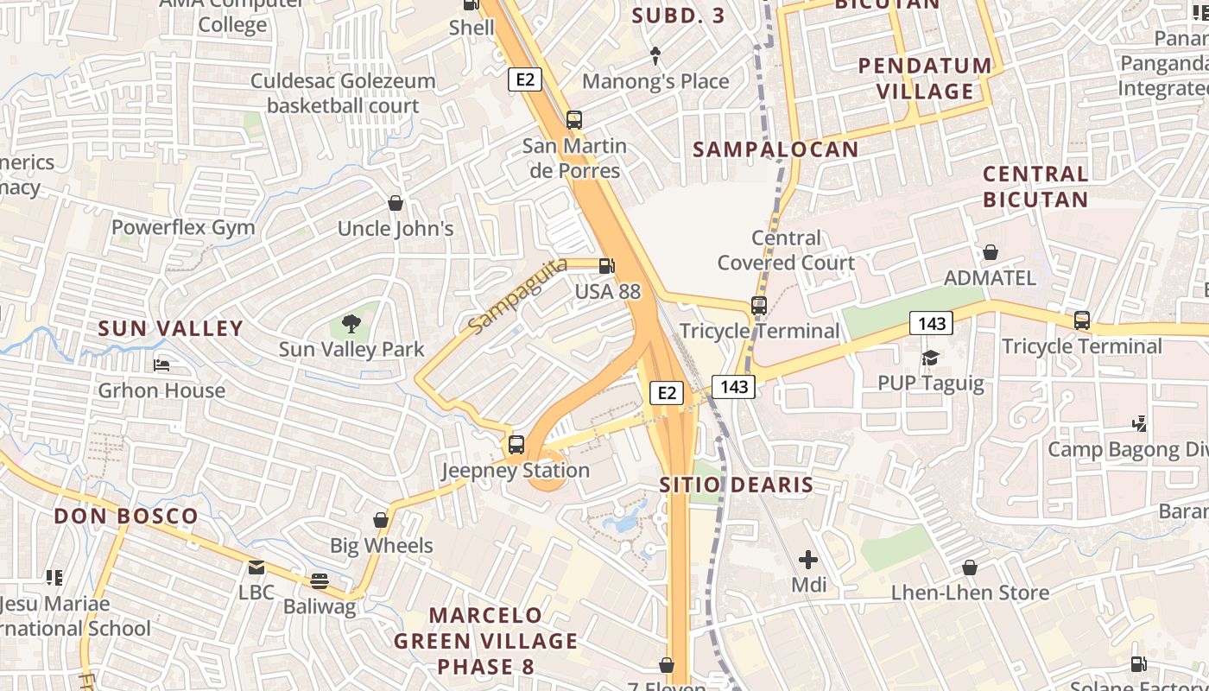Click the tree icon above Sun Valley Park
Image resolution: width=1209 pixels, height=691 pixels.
pos(351,324)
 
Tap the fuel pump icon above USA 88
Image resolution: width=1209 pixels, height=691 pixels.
pos(608,266)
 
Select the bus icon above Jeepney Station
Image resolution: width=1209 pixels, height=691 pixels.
pos(516,445)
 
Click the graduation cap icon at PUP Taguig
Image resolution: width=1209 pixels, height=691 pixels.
pos(930,358)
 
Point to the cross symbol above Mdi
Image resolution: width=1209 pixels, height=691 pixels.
pos(808,560)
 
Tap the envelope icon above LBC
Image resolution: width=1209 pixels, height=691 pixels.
pos(256,567)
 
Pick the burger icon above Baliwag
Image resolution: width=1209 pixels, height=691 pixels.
pos(320,581)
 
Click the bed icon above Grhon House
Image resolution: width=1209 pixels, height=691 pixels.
pos(161,365)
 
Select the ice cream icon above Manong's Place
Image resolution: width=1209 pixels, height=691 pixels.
pos(655,56)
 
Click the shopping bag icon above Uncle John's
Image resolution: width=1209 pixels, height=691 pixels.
pos(396,203)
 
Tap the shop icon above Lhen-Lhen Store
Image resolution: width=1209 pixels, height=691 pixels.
pos(970,567)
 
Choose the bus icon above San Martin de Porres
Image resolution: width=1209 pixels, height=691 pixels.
pos(574,119)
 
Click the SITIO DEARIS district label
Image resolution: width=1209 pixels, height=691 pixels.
pos(737,485)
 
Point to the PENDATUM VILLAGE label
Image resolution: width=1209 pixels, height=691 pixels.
pos(926,78)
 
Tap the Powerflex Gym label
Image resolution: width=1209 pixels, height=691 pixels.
pos(183,228)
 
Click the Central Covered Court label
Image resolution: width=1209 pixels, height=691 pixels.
pos(786,250)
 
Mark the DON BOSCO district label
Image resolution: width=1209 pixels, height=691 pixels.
pos(126,517)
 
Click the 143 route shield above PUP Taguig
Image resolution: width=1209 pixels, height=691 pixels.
pos(931,324)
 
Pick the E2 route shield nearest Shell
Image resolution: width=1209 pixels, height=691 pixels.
pos(524,80)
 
